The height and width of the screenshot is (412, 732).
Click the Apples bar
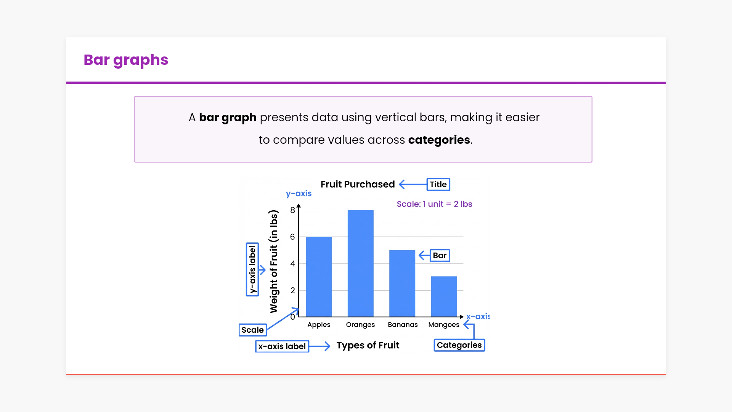319,277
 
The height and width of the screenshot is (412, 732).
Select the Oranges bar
360,263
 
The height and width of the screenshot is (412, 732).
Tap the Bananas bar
402,283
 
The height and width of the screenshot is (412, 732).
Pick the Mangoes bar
444,296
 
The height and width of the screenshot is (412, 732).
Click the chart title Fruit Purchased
358,184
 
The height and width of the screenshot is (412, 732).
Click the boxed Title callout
438,185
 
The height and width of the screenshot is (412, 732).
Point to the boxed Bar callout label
440,256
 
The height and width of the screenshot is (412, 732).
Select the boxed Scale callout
253,330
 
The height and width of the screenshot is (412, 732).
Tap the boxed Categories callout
459,345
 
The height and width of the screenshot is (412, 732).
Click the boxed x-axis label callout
282,346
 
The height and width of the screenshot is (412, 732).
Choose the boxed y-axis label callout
252,270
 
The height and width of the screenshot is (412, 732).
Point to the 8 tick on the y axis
292,210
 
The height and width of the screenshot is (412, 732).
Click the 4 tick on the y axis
292,264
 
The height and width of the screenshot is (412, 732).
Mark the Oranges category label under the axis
360,325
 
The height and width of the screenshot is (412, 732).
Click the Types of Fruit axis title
368,346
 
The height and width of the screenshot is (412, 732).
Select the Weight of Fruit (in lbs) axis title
274,261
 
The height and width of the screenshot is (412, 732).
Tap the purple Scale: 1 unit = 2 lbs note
435,204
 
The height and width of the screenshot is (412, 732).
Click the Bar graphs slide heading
126,60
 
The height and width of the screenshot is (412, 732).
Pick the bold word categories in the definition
439,140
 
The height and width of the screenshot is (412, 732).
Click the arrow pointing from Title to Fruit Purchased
413,185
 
